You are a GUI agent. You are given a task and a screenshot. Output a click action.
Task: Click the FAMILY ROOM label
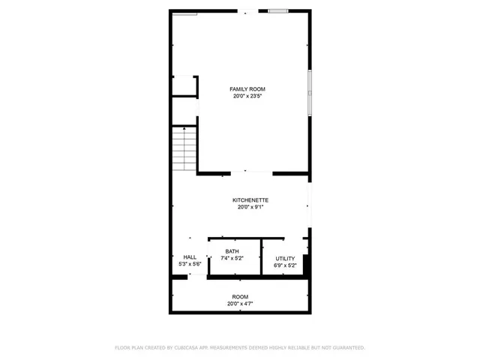247,89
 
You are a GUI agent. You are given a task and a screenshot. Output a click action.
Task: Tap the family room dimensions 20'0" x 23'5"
247,96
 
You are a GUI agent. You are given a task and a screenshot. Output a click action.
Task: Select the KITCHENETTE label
250,200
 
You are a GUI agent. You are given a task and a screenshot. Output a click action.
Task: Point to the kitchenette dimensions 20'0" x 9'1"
250,207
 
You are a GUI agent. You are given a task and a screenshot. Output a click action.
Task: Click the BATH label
232,251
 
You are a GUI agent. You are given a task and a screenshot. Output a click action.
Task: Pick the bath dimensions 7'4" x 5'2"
232,258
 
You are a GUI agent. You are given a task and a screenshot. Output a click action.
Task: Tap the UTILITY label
285,259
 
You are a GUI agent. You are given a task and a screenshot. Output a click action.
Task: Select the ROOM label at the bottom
240,297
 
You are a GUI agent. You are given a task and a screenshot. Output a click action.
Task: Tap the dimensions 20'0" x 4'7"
240,304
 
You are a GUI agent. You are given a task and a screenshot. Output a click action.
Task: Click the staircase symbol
184,148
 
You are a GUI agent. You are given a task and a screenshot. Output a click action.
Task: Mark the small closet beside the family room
184,86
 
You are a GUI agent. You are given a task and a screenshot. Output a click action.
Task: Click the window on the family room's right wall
309,92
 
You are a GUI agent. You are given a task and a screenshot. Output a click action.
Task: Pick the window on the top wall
277,11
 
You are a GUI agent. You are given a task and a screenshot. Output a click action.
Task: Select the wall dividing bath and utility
262,257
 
